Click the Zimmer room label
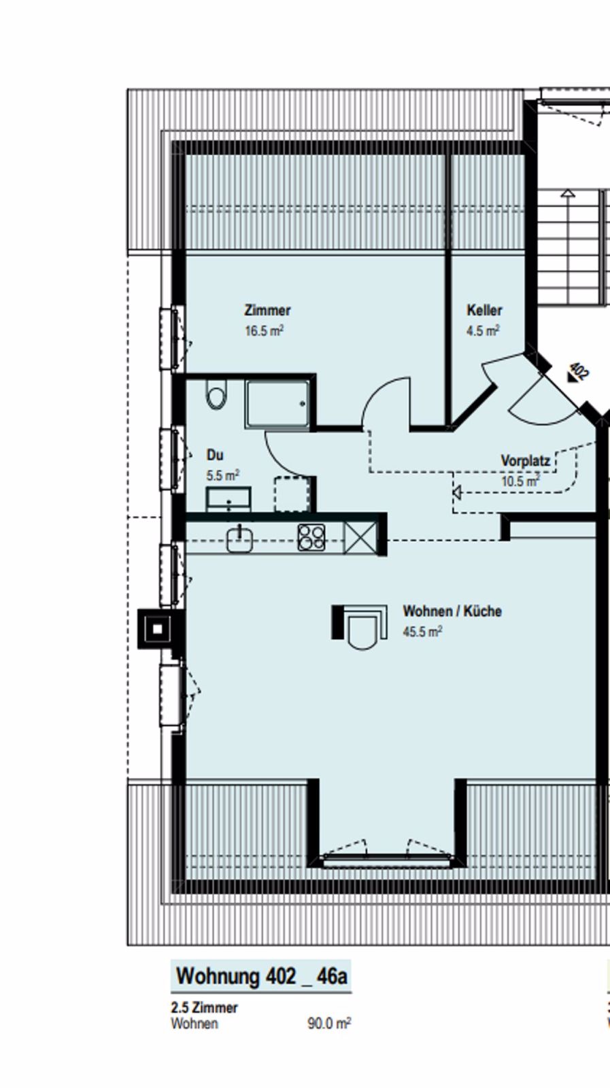click(267, 310)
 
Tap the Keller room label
click(484, 310)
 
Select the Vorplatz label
click(525, 460)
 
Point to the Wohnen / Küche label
click(452, 611)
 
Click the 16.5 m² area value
click(264, 331)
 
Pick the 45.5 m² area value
click(422, 632)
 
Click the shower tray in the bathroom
click(279, 403)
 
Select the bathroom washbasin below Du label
click(228, 498)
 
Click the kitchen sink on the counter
click(239, 540)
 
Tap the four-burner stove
click(311, 537)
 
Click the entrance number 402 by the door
click(579, 371)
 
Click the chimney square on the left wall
click(156, 629)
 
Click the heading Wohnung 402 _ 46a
click(261, 976)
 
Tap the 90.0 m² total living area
click(328, 1023)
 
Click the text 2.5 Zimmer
click(204, 1007)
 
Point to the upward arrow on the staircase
click(568, 193)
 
